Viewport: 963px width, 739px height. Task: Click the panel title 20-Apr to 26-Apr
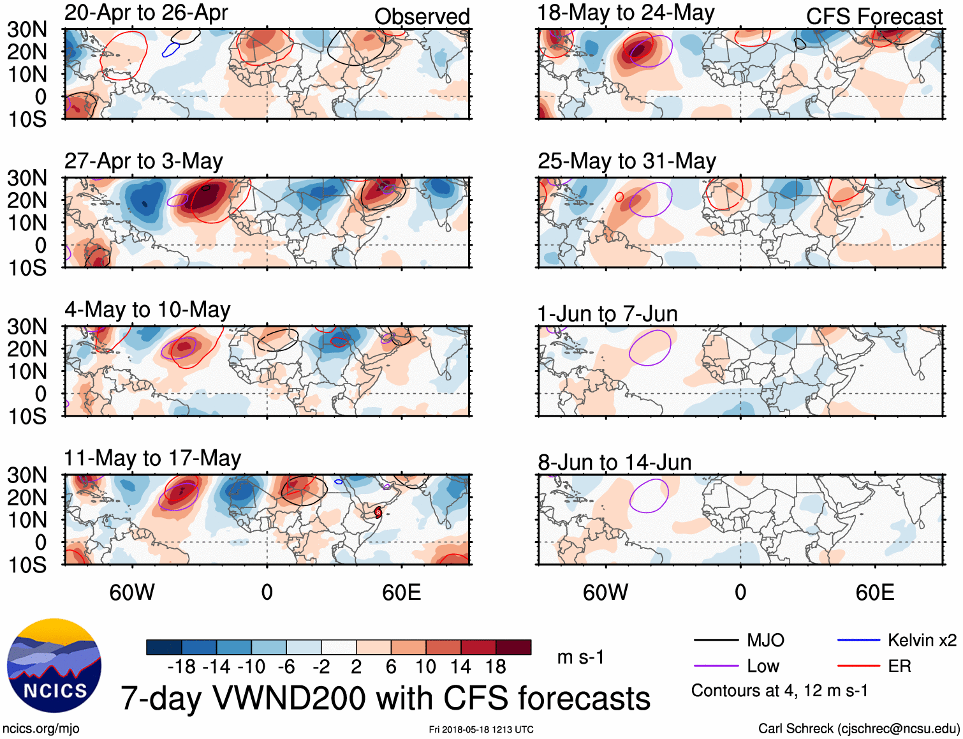[146, 13]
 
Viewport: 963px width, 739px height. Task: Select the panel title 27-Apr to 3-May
[143, 161]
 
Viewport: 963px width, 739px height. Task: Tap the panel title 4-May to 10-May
[147, 310]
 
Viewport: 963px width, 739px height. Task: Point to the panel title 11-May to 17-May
[152, 459]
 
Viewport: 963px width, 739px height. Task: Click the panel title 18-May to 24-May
[626, 13]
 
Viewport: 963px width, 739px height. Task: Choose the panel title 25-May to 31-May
[626, 161]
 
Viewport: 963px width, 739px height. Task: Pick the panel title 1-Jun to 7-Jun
[607, 314]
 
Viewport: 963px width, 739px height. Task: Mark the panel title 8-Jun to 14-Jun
[614, 463]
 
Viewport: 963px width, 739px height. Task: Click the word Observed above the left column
[422, 17]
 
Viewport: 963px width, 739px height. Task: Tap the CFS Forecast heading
[874, 17]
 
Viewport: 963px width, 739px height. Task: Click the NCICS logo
[54, 666]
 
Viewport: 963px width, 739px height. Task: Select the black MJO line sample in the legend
[716, 640]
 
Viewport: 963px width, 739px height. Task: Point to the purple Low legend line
[716, 666]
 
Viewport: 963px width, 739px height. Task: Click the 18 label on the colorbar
[496, 668]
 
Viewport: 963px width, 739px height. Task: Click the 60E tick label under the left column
[401, 593]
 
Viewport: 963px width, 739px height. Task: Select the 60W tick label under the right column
[605, 593]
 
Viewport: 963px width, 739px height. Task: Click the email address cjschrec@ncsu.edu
[897, 729]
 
